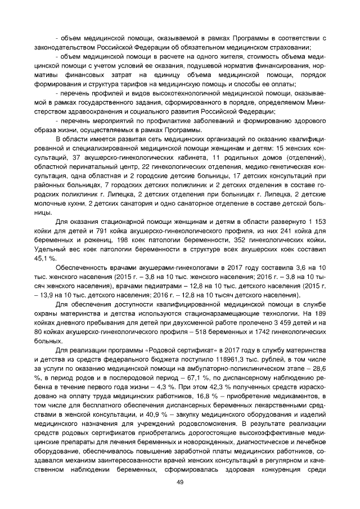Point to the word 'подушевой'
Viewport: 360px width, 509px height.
click(x=184, y=66)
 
